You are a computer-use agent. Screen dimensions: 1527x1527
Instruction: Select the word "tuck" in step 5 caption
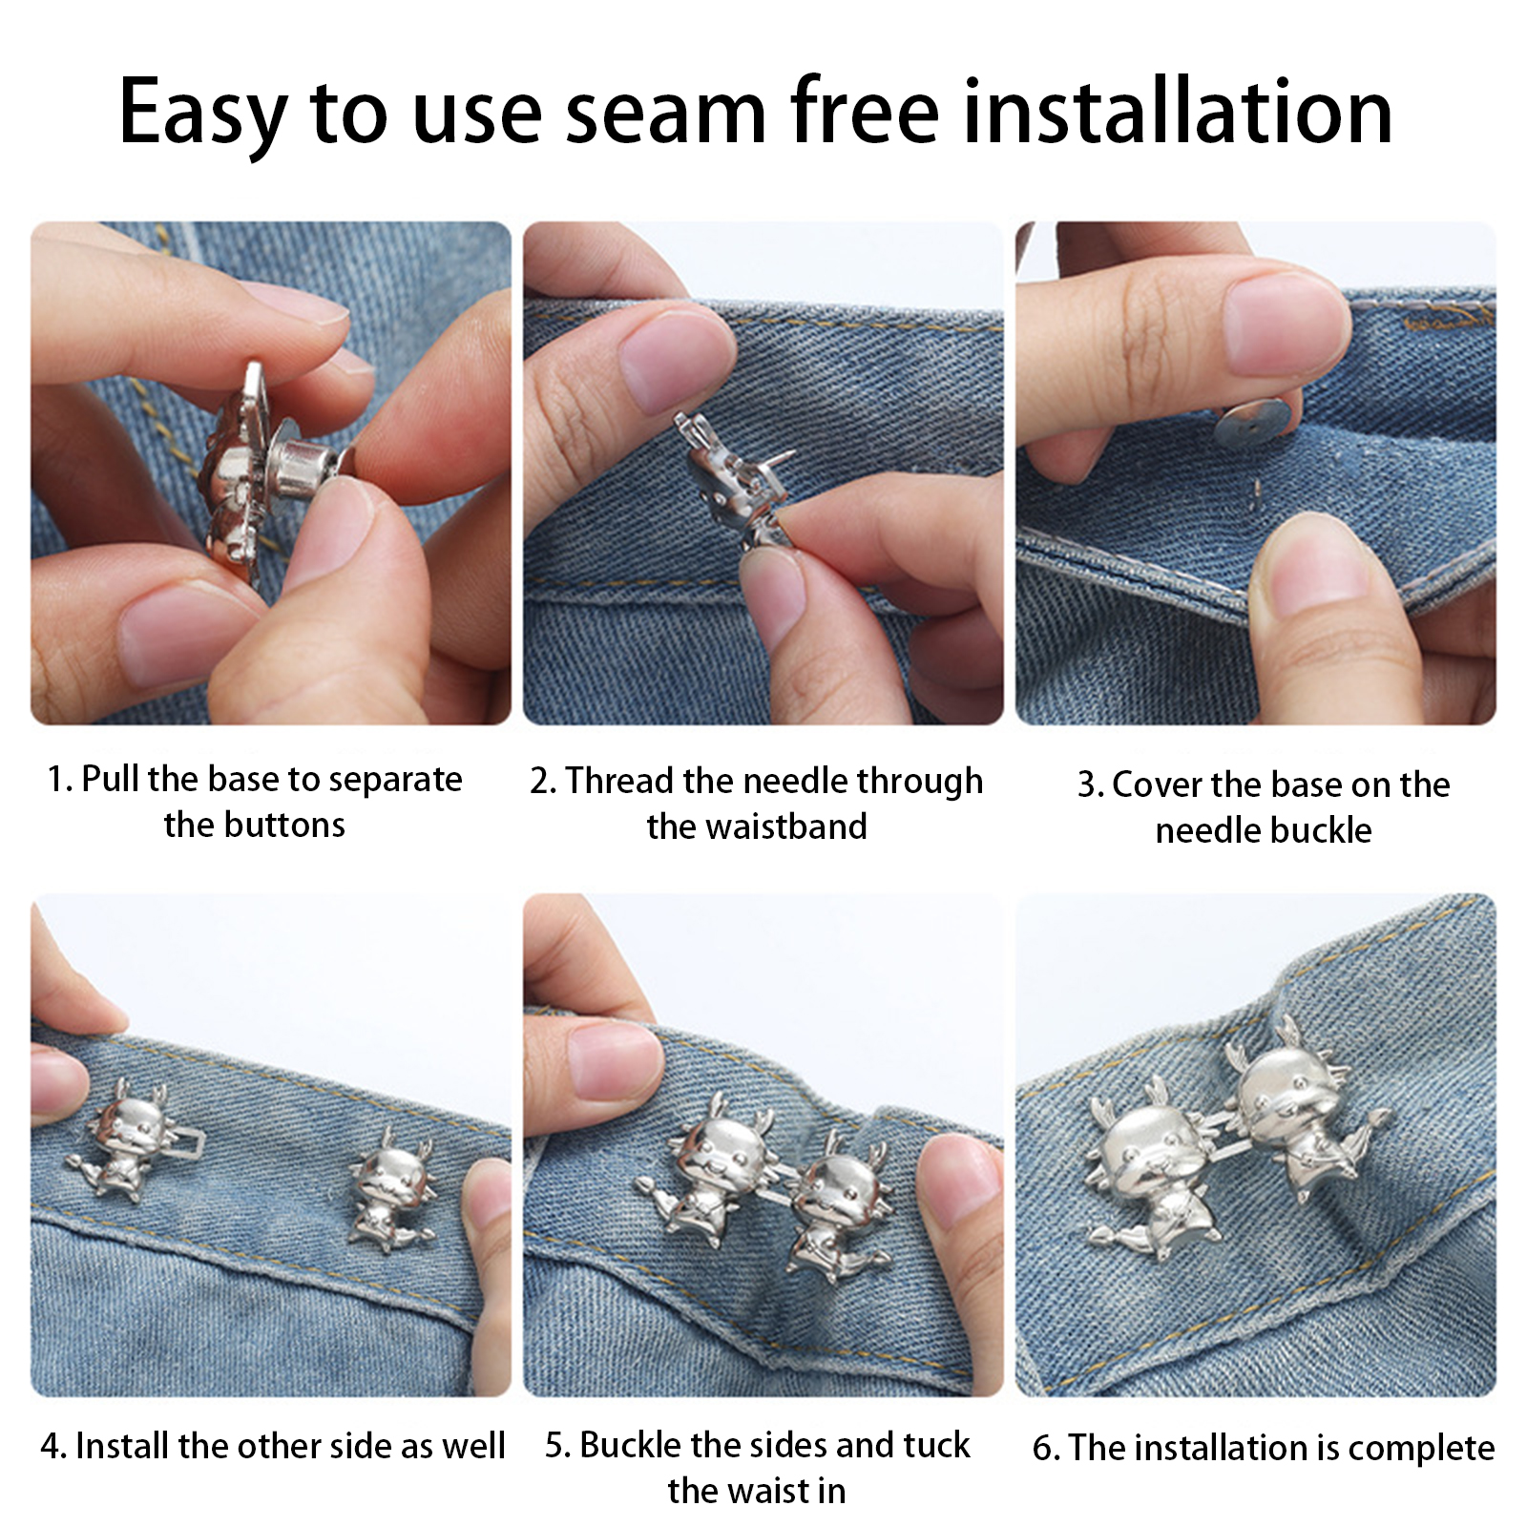click(x=934, y=1445)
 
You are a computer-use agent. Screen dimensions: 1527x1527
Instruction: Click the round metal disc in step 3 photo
click(x=1254, y=425)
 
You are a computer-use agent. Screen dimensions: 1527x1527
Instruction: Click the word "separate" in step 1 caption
click(x=395, y=781)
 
